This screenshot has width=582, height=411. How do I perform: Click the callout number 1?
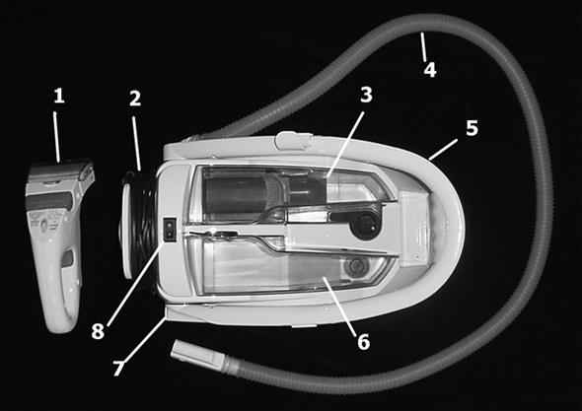tap(59, 97)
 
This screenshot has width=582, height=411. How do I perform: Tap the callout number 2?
tap(135, 99)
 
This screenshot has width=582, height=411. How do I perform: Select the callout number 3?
tap(366, 95)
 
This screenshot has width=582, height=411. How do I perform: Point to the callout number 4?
tap(430, 70)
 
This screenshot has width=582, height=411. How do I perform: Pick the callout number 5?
tap(473, 128)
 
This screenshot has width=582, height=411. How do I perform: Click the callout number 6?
tap(364, 341)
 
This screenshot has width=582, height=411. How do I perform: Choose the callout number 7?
tap(118, 368)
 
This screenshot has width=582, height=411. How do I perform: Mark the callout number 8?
tap(98, 331)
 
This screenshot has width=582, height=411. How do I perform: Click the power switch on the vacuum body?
tap(170, 230)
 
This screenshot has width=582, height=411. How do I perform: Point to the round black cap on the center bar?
tap(365, 225)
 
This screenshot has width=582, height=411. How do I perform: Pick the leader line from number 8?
tap(136, 284)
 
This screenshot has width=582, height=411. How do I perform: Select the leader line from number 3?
tap(344, 143)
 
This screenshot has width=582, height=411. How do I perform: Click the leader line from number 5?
tap(442, 150)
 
